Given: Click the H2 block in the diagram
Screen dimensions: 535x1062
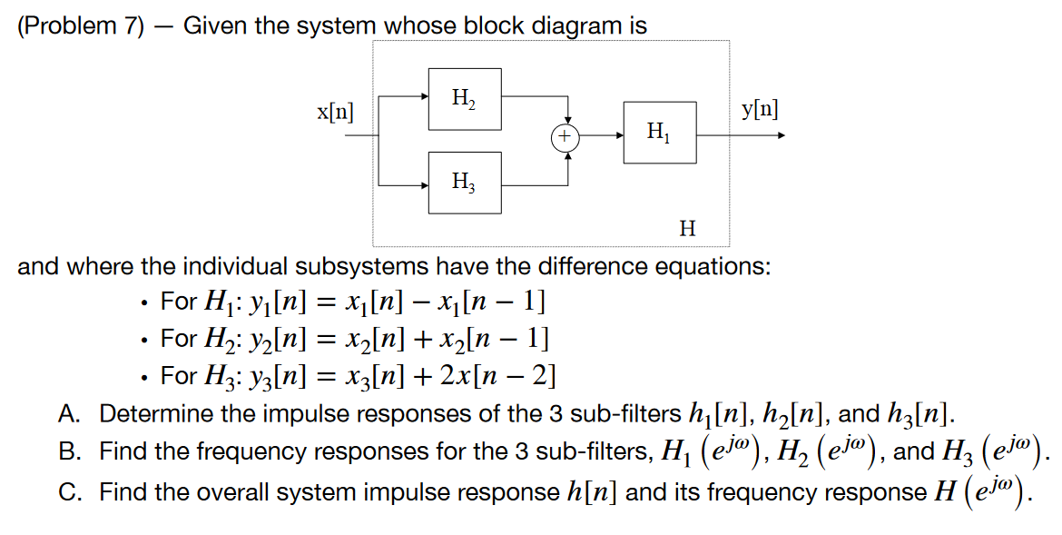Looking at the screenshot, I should [x=464, y=97].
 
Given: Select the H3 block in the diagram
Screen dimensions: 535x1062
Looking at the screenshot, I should [x=464, y=183].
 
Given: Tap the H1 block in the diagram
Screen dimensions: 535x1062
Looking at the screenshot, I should [x=660, y=133].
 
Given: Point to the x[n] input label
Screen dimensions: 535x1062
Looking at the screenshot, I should [x=336, y=114].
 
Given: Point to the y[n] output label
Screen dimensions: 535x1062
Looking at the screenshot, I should [x=759, y=109].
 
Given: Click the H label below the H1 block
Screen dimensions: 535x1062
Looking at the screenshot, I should [x=687, y=228].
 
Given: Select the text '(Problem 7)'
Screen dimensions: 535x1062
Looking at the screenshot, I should [x=81, y=25].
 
